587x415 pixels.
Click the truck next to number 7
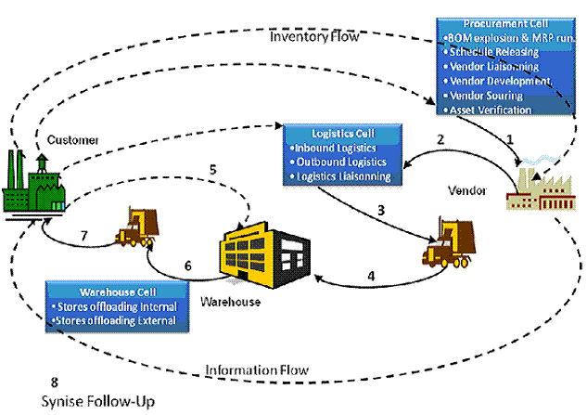pos(138,227)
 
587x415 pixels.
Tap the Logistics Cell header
pos(342,133)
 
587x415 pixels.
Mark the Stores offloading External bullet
pos(117,321)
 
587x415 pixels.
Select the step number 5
pos(212,169)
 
